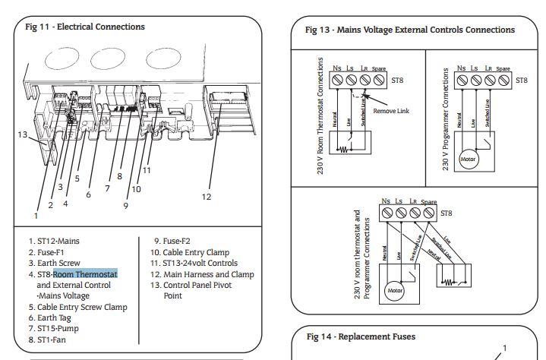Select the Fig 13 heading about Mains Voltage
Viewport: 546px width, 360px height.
click(x=409, y=30)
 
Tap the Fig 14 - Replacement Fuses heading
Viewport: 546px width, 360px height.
click(x=361, y=336)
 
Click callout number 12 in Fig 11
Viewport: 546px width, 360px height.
click(x=207, y=197)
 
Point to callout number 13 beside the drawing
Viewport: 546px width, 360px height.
click(x=24, y=134)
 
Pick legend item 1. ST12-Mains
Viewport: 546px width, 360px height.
click(x=54, y=242)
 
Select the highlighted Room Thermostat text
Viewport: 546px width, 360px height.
click(x=85, y=274)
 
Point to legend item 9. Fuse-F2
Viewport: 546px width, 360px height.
click(x=171, y=242)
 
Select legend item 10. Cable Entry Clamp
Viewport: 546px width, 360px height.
click(x=190, y=252)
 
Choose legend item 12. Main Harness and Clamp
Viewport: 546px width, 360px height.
click(x=202, y=274)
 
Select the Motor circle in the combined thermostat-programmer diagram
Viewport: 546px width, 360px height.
click(x=396, y=290)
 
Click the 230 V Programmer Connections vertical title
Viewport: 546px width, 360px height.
click(x=446, y=118)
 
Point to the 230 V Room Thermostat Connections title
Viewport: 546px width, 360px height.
click(x=320, y=116)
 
